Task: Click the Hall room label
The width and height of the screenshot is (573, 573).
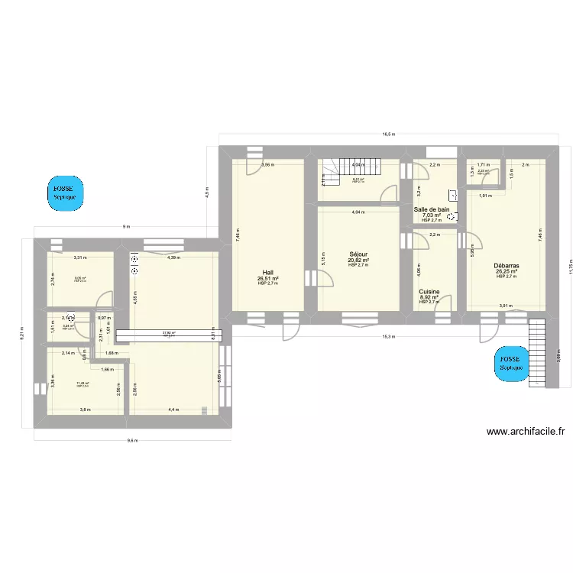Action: click(x=267, y=273)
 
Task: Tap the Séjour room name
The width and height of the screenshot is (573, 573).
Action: click(x=358, y=254)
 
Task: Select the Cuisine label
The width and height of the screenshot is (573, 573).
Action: click(x=429, y=291)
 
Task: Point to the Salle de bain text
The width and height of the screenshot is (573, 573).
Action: click(x=432, y=209)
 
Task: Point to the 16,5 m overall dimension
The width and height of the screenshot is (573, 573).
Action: click(x=388, y=134)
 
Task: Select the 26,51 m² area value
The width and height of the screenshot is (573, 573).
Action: click(x=267, y=279)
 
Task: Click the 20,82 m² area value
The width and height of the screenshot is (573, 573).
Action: click(x=358, y=261)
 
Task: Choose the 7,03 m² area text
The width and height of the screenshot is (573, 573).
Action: click(x=432, y=215)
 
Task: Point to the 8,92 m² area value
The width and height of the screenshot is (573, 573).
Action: click(x=429, y=297)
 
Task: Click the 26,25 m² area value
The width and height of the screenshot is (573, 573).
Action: click(x=506, y=271)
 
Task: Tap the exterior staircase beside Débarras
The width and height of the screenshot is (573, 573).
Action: click(x=538, y=353)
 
